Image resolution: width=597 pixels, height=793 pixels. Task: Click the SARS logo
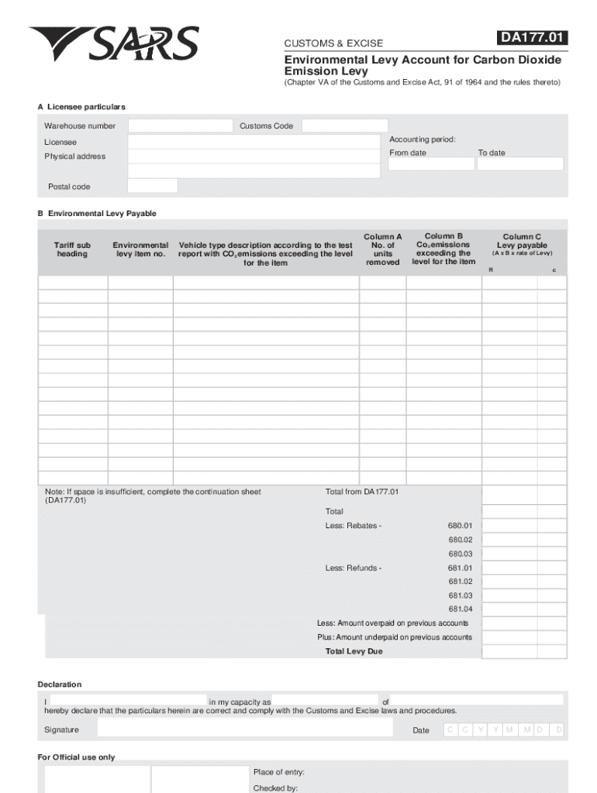(114, 44)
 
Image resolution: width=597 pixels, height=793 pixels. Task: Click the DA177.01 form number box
(533, 38)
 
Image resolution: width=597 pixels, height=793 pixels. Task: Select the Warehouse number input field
(180, 125)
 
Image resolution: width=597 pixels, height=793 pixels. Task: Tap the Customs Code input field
(344, 125)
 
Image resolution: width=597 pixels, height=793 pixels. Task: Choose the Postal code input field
(152, 186)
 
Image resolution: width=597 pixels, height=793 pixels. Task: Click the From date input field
(431, 164)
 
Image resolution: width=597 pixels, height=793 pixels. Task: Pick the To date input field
(520, 164)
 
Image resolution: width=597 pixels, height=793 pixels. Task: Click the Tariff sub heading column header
(72, 249)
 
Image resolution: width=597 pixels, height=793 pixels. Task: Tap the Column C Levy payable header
(522, 242)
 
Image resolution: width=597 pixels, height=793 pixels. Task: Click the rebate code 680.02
(460, 540)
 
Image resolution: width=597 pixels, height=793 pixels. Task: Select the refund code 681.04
(460, 609)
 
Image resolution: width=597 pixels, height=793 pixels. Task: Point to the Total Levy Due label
(354, 651)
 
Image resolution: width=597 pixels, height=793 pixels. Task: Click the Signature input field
(243, 729)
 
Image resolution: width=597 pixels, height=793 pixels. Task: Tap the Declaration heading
(60, 685)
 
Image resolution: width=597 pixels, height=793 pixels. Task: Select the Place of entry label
(278, 772)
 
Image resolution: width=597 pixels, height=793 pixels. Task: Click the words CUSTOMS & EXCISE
(333, 43)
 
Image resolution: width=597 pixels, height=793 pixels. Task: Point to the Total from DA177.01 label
(362, 492)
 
